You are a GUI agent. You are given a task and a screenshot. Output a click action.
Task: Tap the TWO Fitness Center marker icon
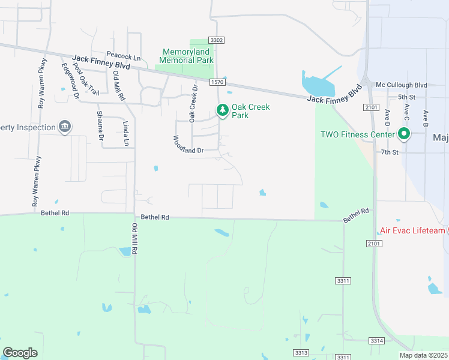pyautogui.click(x=405, y=134)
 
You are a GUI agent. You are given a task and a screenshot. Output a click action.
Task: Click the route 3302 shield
pyautogui.click(x=217, y=40)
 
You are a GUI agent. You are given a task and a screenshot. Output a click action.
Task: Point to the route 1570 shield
pyautogui.click(x=217, y=82)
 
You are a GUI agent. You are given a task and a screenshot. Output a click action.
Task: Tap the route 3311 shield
pyautogui.click(x=343, y=281)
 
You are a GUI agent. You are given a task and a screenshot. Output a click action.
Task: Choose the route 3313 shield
pyautogui.click(x=301, y=353)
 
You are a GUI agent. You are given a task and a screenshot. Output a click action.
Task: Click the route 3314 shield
pyautogui.click(x=376, y=341)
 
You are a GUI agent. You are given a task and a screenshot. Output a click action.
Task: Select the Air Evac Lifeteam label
pyautogui.click(x=412, y=230)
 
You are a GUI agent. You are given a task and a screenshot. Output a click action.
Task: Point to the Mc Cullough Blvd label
pyautogui.click(x=401, y=85)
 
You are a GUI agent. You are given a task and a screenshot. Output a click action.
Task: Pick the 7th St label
pyautogui.click(x=390, y=152)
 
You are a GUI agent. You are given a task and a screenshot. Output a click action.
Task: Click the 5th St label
pyautogui.click(x=406, y=97)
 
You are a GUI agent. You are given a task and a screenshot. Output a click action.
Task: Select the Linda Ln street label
pyautogui.click(x=126, y=133)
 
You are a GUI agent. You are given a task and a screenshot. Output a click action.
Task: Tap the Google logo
pyautogui.click(x=20, y=353)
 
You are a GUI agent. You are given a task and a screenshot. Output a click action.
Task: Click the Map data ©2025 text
pyautogui.click(x=423, y=355)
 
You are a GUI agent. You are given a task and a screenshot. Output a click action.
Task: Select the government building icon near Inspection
pyautogui.click(x=65, y=127)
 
